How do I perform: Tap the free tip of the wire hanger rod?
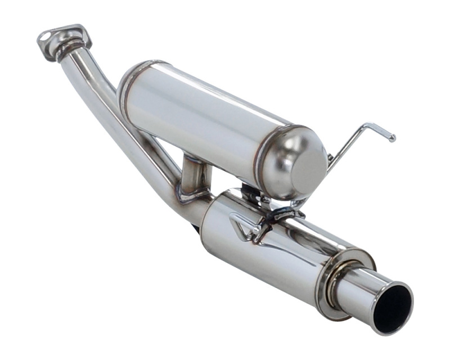(392, 138)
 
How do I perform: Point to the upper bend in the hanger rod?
(366, 125)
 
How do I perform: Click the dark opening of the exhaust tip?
(394, 307)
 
